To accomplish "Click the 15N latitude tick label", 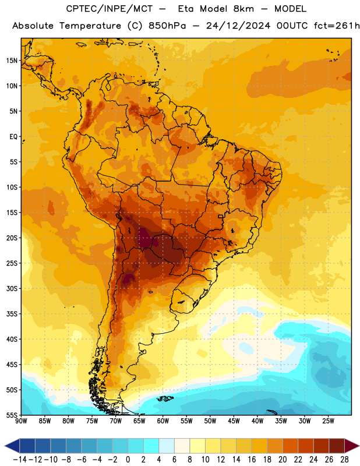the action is (x=12, y=61).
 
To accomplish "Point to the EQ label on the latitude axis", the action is (x=13, y=137).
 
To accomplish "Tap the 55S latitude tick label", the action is (x=12, y=415).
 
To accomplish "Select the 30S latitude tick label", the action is (x=12, y=288).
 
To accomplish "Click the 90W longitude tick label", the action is (x=21, y=421).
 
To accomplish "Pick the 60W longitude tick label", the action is (x=163, y=421).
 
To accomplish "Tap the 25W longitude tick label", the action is (x=328, y=421).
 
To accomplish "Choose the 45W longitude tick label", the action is (x=234, y=421).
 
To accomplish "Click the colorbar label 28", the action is (x=344, y=459).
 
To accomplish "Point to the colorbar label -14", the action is (x=20, y=459).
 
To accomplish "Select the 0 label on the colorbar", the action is (x=128, y=459).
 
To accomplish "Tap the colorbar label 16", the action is (x=252, y=459).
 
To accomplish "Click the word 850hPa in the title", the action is (x=167, y=26).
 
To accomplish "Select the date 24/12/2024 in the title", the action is (x=238, y=26).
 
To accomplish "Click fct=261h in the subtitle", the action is (x=337, y=26).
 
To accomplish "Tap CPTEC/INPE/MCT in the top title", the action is (x=110, y=9).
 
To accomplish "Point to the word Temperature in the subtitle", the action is (x=90, y=26).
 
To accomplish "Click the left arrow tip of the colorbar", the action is (x=5, y=446).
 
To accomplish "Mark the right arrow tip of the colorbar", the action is (x=359, y=446).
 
